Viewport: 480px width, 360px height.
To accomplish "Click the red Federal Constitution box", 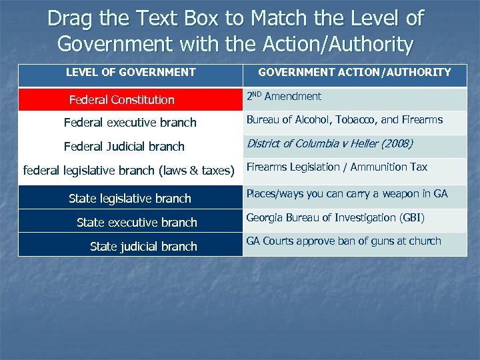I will pyautogui.click(x=122, y=100).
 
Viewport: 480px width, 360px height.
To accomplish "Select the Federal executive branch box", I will pyautogui.click(x=130, y=123).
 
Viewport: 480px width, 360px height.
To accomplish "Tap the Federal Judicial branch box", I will pyautogui.click(x=124, y=147).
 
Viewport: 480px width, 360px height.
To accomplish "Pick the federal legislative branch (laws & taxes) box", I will pyautogui.click(x=129, y=171).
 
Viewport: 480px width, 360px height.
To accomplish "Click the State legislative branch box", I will pyautogui.click(x=130, y=198).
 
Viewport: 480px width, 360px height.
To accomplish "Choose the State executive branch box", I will pyautogui.click(x=137, y=222).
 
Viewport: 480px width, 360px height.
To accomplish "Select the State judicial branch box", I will pyautogui.click(x=143, y=246).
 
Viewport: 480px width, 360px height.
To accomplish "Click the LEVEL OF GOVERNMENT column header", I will pyautogui.click(x=131, y=72).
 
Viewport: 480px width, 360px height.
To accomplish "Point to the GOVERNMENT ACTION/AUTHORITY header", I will pyautogui.click(x=355, y=72).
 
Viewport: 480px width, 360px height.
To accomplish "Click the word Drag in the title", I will pyautogui.click(x=70, y=19).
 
